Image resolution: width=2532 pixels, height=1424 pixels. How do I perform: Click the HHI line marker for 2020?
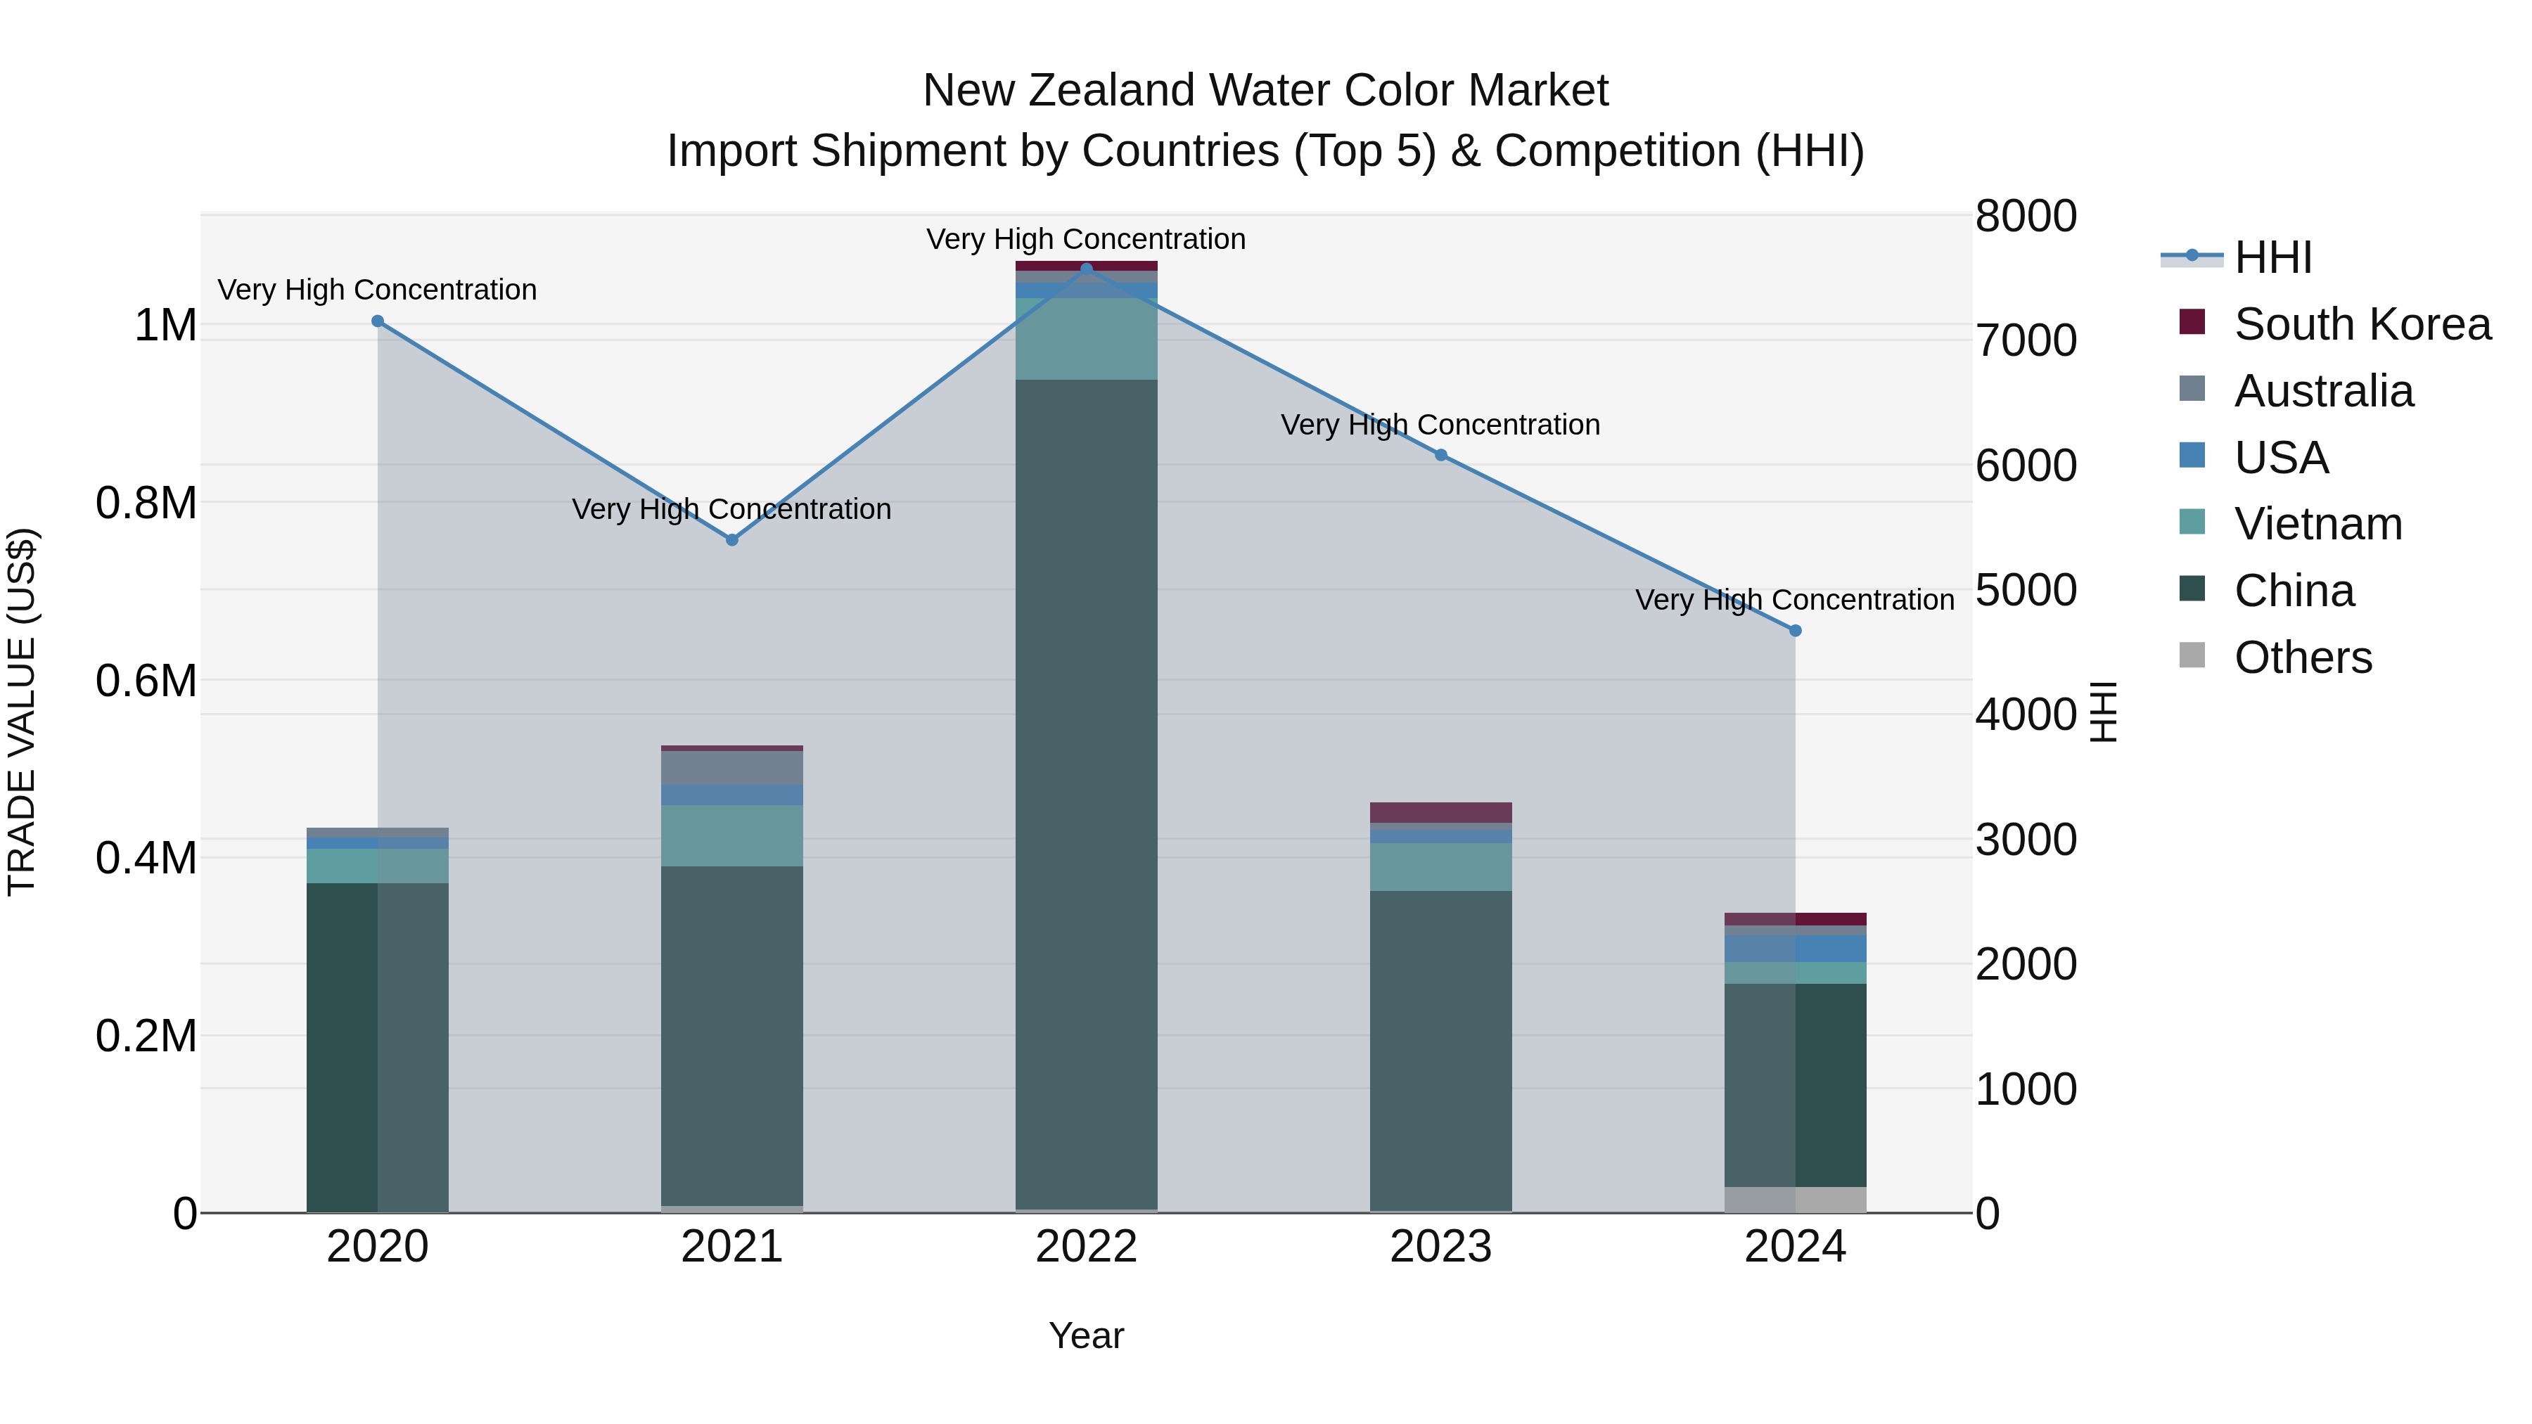click(x=378, y=321)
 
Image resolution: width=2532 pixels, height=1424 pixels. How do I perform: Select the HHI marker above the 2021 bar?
click(x=731, y=539)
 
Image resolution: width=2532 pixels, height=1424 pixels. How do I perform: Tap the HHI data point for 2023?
click(x=1441, y=455)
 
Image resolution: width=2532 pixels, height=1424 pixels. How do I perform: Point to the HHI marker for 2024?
click(x=1795, y=631)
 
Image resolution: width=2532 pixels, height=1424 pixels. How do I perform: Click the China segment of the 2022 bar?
click(x=1086, y=786)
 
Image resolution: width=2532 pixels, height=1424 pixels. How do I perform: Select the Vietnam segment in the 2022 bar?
click(x=1086, y=338)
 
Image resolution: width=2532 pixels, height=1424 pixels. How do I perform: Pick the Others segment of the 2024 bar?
click(x=1795, y=1199)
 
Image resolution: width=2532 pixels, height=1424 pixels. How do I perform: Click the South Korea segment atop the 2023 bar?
click(x=1441, y=812)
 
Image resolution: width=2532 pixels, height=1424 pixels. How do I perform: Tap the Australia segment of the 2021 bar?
click(x=731, y=767)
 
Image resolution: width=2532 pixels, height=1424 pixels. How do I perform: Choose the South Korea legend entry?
click(x=2361, y=324)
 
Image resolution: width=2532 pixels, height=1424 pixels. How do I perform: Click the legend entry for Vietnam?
click(x=2317, y=524)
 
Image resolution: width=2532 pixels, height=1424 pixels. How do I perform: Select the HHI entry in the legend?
click(x=2272, y=257)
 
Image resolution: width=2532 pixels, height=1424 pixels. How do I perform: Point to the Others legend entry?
click(x=2302, y=658)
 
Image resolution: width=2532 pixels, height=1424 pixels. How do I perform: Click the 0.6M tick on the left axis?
click(x=146, y=680)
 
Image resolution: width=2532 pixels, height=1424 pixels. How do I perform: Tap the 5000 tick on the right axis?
click(x=2026, y=590)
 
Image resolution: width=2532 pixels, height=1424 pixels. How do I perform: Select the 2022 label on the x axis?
click(x=1086, y=1247)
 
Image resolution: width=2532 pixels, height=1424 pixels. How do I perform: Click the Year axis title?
click(x=1086, y=1335)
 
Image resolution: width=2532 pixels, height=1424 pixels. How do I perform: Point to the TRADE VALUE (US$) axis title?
click(x=22, y=712)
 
